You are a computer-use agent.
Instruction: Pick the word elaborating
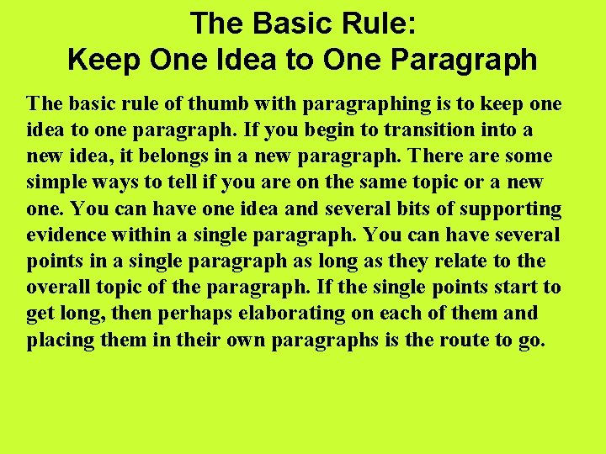pos(247,314)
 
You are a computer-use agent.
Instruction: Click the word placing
pos(56,340)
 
